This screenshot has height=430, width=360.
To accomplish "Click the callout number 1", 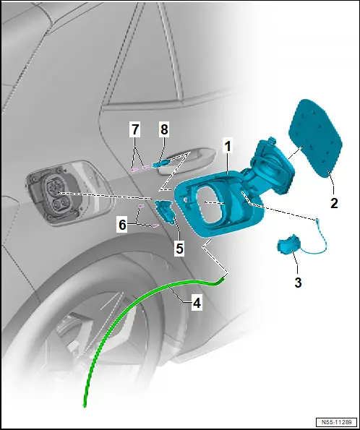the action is (x=228, y=147).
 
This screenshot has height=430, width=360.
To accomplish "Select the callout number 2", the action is (x=334, y=203).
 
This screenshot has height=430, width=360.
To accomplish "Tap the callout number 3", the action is (x=298, y=282).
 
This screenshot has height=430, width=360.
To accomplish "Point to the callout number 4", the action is (x=197, y=303).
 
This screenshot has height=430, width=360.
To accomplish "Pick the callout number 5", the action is (x=179, y=249).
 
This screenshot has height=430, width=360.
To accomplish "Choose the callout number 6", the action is (x=122, y=225).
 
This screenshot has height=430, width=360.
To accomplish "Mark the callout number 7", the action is (x=135, y=129).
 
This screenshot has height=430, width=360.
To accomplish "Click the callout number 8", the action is (x=164, y=129).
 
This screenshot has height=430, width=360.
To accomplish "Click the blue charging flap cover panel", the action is (x=316, y=139).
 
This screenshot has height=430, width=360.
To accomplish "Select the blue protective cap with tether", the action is (x=287, y=244).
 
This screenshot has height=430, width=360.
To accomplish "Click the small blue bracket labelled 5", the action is (x=166, y=212).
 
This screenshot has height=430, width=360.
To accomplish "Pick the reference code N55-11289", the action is (x=336, y=422).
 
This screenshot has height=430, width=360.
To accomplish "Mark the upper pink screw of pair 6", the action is (x=141, y=206).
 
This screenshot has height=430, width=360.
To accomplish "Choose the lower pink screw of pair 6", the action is (x=155, y=225).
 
